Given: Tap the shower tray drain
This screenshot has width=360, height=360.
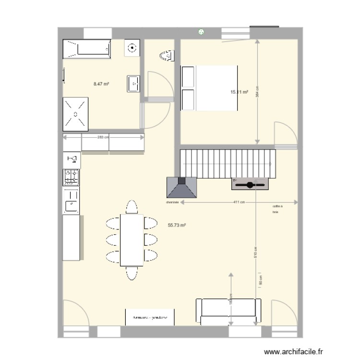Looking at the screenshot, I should [75, 114].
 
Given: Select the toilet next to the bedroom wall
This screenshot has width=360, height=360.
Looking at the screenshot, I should [166, 56].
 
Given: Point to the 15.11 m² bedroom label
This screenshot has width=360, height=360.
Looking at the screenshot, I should [239, 92].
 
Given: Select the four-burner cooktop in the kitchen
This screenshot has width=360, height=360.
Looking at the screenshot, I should [72, 177].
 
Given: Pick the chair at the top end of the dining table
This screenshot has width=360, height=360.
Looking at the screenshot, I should [132, 206].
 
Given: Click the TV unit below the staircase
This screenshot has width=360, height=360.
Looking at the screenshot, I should [249, 184].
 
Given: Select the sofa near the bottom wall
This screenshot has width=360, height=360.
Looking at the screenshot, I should [230, 311].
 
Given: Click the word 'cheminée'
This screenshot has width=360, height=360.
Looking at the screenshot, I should [172, 203].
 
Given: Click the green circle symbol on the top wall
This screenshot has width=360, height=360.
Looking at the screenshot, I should [201, 33].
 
